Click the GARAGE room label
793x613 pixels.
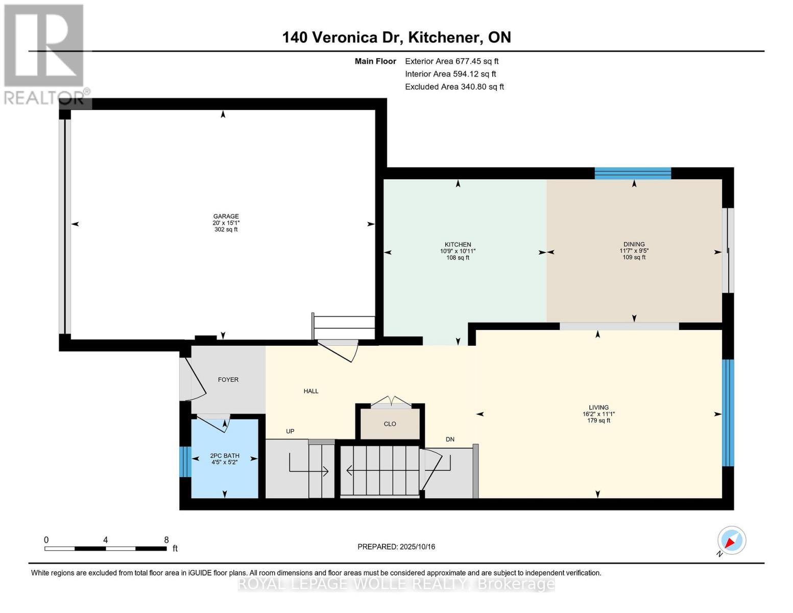226,216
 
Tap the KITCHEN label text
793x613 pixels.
458,244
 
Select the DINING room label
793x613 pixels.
634,244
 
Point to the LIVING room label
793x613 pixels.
598,407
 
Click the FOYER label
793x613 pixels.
228,380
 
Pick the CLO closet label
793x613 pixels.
390,423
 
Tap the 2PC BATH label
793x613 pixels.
225,455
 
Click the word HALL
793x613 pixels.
311,391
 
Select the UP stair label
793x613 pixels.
290,431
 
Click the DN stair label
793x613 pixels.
450,439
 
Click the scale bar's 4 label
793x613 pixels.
106,539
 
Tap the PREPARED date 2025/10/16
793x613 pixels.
417,547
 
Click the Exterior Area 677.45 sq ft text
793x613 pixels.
451,61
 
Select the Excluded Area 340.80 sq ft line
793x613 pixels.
454,86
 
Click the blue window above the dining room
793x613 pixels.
633,173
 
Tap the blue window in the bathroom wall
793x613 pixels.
185,461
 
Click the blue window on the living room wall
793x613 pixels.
728,413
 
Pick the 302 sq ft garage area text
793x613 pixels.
226,229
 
